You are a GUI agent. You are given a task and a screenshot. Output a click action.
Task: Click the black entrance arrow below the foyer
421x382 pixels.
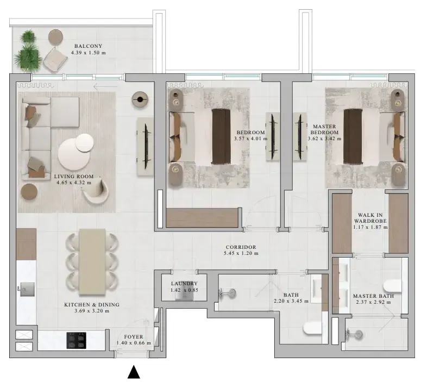pyautogui.click(x=134, y=372)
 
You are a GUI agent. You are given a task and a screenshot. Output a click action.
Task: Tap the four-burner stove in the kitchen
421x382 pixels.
pyautogui.click(x=77, y=340)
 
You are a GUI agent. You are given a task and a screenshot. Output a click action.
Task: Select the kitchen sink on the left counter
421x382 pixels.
pyautogui.click(x=26, y=289)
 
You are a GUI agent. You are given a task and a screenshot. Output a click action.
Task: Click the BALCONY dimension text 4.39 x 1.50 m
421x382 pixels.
pyautogui.click(x=89, y=53)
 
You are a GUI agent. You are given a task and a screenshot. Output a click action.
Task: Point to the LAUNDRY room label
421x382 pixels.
pyautogui.click(x=184, y=284)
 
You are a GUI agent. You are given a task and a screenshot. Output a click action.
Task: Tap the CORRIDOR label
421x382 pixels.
pyautogui.click(x=241, y=247)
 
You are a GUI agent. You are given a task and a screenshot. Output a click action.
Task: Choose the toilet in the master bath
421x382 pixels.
pyautogui.click(x=393, y=286)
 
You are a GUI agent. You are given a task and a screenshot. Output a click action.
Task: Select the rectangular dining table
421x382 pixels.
pyautogui.click(x=92, y=262)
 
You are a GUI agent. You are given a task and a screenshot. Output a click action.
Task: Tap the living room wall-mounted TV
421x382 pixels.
pyautogui.click(x=146, y=146)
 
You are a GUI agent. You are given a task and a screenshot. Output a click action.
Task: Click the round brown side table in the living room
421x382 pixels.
pyautogui.click(x=29, y=192)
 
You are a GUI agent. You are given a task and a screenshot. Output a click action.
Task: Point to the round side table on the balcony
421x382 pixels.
pyautogui.click(x=55, y=36)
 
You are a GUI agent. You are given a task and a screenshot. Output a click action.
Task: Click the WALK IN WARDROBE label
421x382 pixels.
pyautogui.click(x=370, y=218)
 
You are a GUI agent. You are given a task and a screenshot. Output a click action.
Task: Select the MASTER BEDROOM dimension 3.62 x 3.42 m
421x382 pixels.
pyautogui.click(x=324, y=139)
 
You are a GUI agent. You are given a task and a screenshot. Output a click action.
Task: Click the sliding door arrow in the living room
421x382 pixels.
pyautogui.click(x=105, y=86)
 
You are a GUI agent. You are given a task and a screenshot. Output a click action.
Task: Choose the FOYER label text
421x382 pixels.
pyautogui.click(x=134, y=336)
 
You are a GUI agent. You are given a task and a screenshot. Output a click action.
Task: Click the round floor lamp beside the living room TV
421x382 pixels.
pyautogui.click(x=140, y=100)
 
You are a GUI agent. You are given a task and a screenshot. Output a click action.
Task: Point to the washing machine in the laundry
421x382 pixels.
pyautogui.click(x=184, y=293)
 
